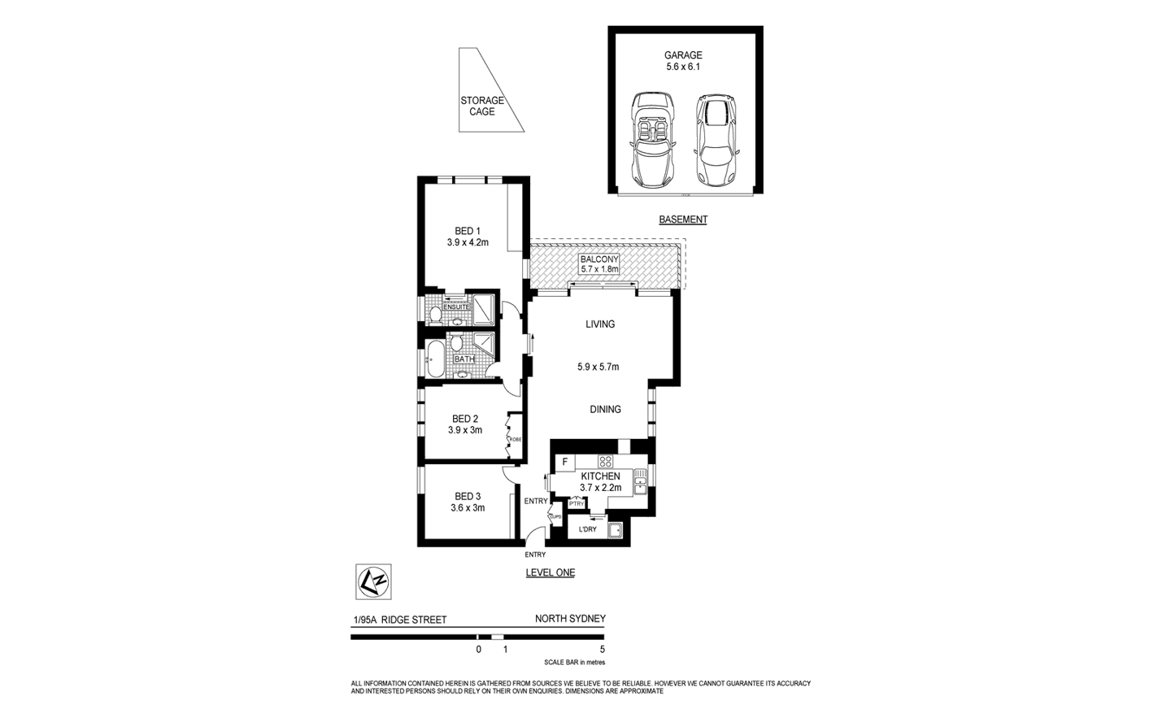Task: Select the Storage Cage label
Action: pos(482,107)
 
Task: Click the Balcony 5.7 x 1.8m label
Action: pos(599,264)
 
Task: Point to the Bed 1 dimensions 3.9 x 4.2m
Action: pos(468,242)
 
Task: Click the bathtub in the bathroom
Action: pos(434,359)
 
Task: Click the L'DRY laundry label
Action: pos(587,529)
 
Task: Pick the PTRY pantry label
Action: pos(577,504)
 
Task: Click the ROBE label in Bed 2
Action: pos(514,439)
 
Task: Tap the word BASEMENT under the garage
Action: pos(682,220)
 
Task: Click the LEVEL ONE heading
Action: pos(550,572)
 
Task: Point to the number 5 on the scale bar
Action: pos(602,650)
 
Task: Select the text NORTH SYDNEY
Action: pos(569,619)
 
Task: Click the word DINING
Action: pos(605,410)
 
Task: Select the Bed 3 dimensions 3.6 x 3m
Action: pos(468,508)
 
